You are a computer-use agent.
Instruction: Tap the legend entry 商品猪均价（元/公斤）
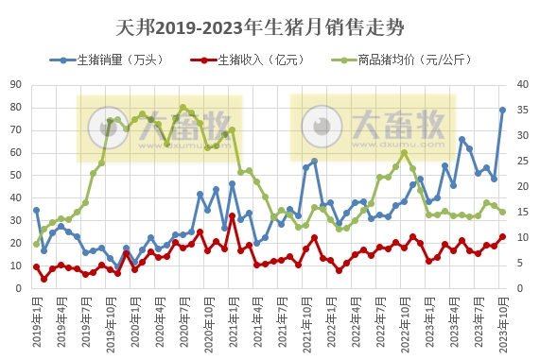[x=413, y=60]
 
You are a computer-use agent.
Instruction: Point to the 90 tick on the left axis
[x=16, y=85]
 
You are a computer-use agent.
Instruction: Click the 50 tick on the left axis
[x=16, y=176]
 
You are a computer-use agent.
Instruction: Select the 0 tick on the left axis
[x=20, y=288]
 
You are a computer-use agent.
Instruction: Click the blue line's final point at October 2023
[x=502, y=110]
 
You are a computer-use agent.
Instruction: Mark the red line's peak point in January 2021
[x=232, y=216]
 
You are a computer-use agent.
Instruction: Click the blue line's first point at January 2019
[x=37, y=210]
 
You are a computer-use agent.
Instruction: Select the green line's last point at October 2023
[x=502, y=213]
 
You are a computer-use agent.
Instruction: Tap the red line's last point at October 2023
[x=502, y=237]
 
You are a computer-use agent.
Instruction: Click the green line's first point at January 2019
[x=37, y=244]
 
